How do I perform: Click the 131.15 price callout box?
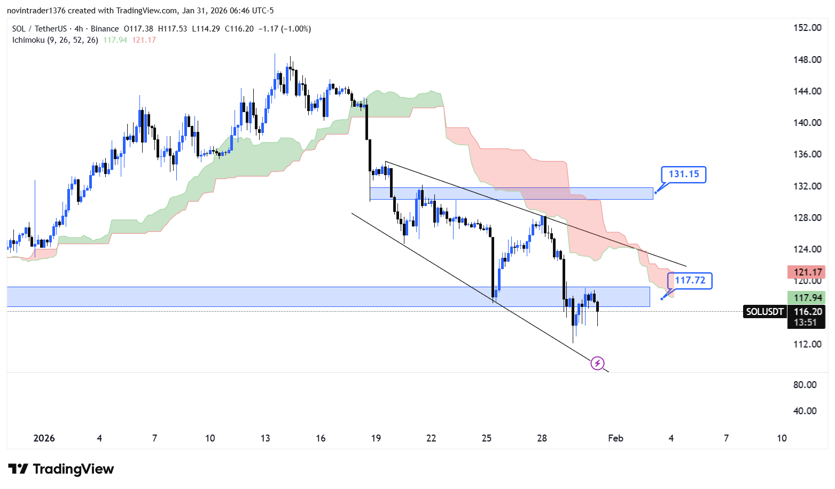tap(683, 174)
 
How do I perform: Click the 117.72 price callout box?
tap(690, 280)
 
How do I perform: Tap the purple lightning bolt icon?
tap(597, 364)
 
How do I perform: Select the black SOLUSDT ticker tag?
tap(764, 312)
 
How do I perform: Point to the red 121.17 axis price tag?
tap(807, 272)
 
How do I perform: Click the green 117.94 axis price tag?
tap(807, 298)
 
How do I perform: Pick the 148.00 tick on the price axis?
tap(807, 60)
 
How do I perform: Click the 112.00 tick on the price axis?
tap(807, 344)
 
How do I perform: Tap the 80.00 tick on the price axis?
tap(805, 385)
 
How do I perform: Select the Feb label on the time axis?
tap(615, 438)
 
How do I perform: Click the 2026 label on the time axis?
tap(44, 438)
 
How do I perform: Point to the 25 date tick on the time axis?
tap(486, 438)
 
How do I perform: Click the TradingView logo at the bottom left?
tap(61, 469)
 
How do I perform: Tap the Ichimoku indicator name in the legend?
tap(28, 40)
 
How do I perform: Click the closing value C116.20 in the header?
tap(239, 29)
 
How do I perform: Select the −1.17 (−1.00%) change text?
tap(284, 29)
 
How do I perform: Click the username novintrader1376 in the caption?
tap(36, 11)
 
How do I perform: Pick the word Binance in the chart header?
tap(105, 29)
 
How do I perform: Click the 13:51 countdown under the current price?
tap(805, 322)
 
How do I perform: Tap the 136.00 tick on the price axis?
tap(807, 154)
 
